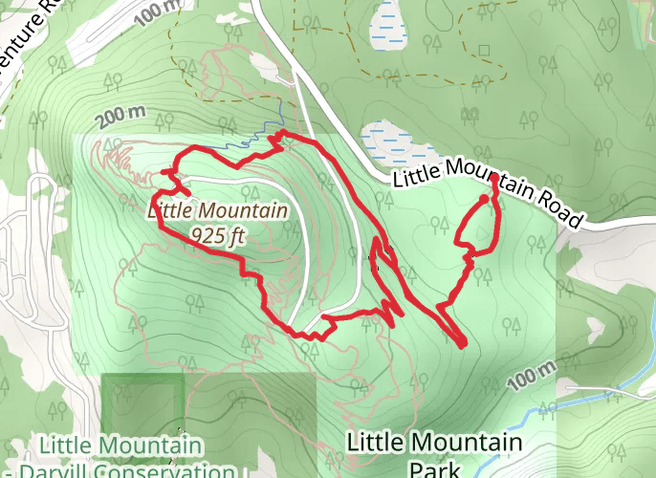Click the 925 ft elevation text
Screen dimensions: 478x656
point(214,232)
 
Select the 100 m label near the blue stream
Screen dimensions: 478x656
point(531,377)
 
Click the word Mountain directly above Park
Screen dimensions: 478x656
point(468,443)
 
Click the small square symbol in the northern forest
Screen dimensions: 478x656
point(484,50)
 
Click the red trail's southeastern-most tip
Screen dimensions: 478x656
point(463,343)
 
